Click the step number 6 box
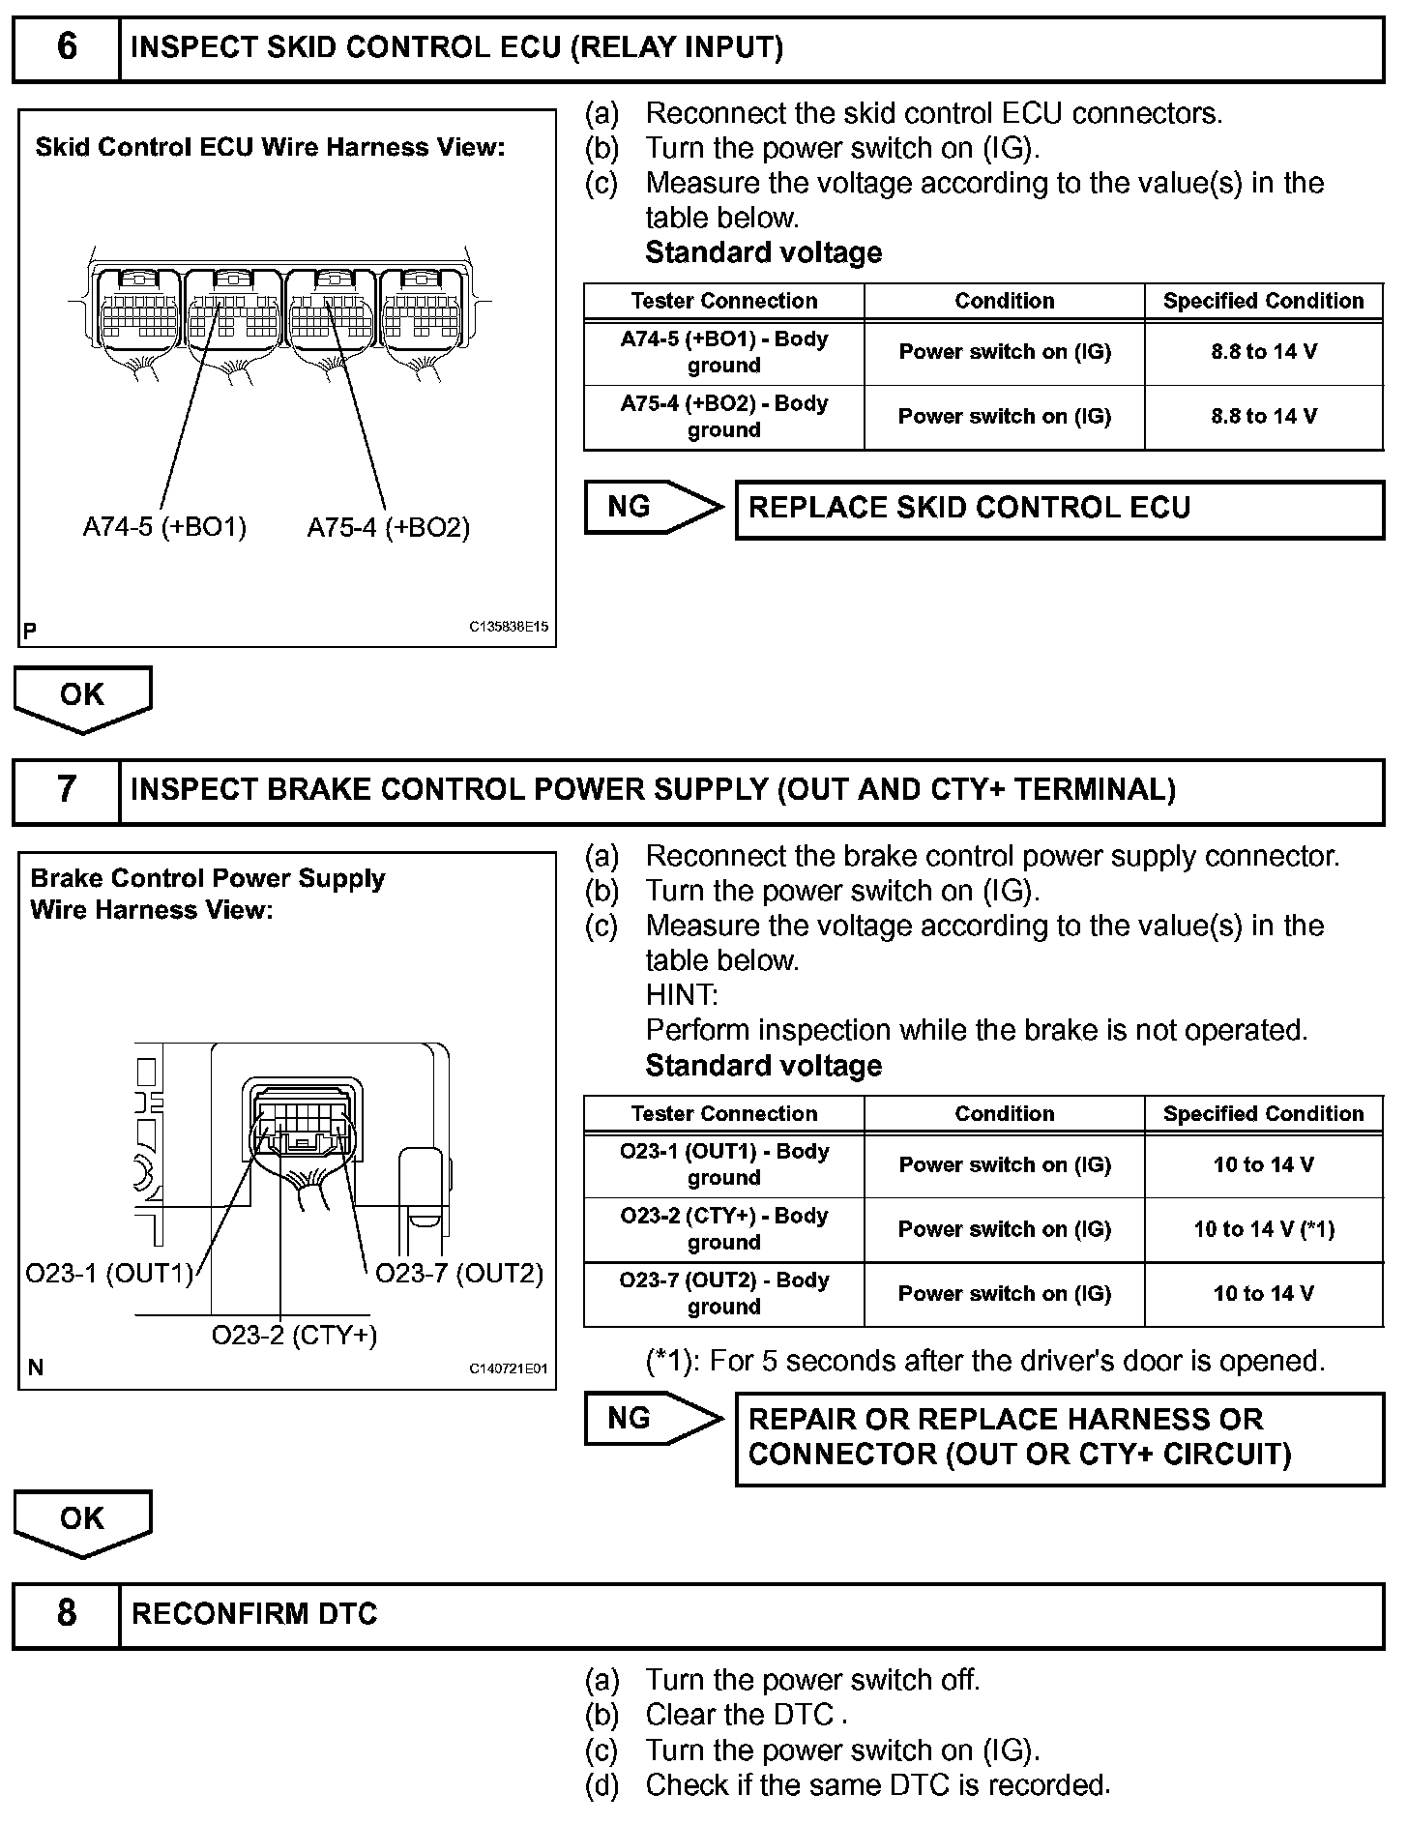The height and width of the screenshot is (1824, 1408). point(66,47)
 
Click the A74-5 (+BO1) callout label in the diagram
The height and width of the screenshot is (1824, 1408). point(164,527)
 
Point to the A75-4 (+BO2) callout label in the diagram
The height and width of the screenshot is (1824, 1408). point(388,528)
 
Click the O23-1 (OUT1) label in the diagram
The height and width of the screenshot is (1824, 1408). point(109,1274)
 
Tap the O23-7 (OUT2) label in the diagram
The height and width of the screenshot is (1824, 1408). point(459,1274)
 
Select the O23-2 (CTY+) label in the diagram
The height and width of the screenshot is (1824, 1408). point(294,1336)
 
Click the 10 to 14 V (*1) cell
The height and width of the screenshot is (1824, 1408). point(1263,1229)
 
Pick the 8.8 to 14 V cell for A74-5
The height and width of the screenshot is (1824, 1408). point(1263,352)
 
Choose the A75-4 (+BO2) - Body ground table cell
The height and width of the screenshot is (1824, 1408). point(723,417)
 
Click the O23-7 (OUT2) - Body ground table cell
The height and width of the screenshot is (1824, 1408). point(723,1293)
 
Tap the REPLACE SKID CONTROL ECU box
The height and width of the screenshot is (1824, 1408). point(1059,509)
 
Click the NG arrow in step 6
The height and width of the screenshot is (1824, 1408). point(653,507)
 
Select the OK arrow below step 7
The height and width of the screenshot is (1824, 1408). point(82,1521)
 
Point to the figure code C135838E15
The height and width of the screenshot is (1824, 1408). point(509,627)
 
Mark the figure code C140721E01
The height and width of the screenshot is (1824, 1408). point(509,1368)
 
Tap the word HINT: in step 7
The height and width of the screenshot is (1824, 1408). point(682,995)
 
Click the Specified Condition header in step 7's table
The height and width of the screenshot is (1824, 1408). point(1263,1113)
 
